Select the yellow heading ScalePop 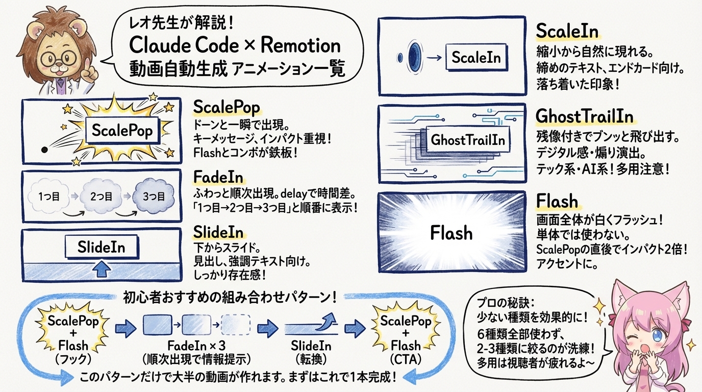(x=227, y=107)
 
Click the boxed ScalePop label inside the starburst (x=121, y=131)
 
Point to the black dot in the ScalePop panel (x=44, y=149)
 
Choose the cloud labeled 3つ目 (x=154, y=196)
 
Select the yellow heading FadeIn (x=218, y=177)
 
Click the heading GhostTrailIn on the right (x=584, y=116)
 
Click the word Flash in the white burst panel (x=451, y=233)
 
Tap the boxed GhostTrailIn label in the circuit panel (x=468, y=139)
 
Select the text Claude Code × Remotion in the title (x=235, y=45)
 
